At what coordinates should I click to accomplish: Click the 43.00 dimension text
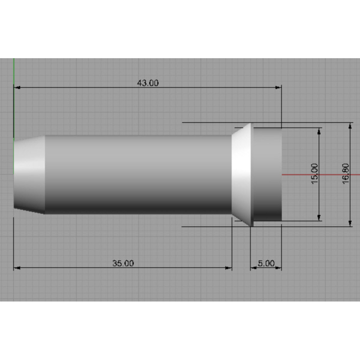point(148,83)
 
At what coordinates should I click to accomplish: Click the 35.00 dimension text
point(123,263)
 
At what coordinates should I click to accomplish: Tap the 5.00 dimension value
point(266,263)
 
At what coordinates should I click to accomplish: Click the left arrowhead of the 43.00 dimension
point(17,87)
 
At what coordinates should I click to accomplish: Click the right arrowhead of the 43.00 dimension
point(278,87)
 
